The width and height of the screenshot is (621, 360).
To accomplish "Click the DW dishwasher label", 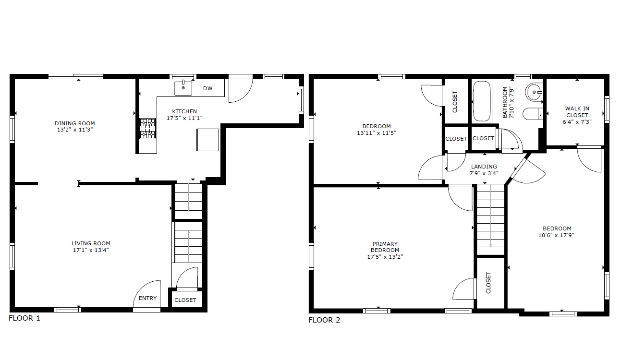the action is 207,88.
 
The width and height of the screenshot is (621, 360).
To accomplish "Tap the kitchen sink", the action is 183,88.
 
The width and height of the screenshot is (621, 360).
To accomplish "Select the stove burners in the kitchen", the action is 147,129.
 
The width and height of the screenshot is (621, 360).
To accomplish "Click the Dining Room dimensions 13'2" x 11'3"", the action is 75,130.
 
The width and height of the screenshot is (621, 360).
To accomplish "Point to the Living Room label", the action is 91,243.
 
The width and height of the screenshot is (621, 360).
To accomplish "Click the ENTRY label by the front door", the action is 148,298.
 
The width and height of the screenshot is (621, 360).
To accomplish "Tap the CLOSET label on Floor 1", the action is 185,300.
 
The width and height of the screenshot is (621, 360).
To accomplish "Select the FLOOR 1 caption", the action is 24,318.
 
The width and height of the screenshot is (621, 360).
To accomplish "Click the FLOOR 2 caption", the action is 324,320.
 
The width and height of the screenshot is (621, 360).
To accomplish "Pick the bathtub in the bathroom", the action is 482,101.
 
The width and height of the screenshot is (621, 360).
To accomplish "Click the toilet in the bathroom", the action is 533,114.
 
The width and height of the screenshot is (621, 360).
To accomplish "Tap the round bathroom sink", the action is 534,92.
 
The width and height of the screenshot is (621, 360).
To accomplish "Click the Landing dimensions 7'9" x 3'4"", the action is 484,173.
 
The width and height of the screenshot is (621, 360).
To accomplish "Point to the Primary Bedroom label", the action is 385,247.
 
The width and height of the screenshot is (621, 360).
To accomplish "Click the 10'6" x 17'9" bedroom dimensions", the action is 557,235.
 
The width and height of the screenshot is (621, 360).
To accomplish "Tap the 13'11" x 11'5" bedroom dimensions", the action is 377,133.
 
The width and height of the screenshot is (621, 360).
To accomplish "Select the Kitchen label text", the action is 184,111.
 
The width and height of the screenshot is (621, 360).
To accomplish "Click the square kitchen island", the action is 207,140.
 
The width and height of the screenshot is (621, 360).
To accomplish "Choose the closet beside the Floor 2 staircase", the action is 490,283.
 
